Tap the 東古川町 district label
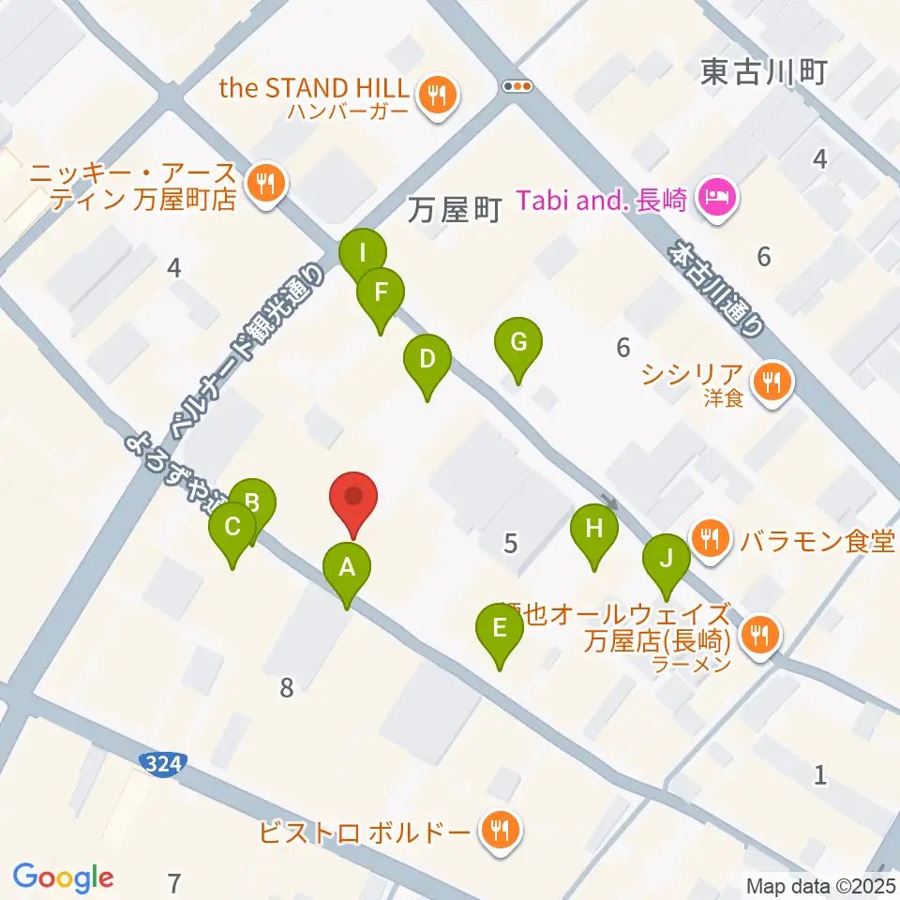pos(762,72)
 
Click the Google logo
pos(63,877)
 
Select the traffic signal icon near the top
pos(517,85)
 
